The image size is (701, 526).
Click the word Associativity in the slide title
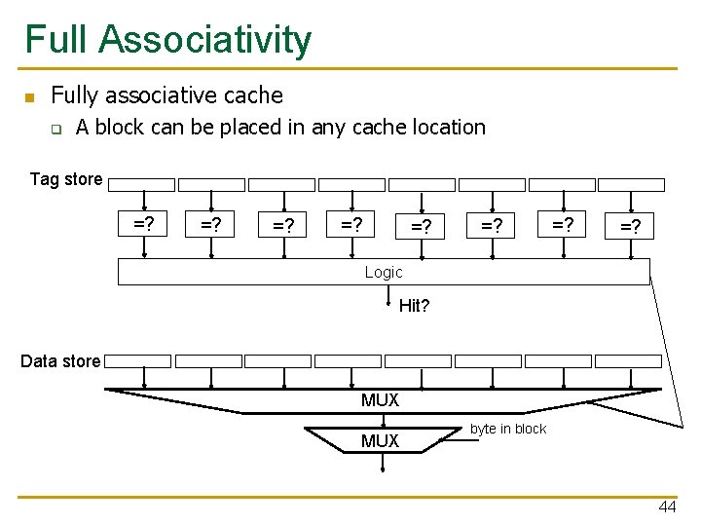205,40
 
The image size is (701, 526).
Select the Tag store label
65,179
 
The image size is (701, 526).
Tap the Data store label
60,361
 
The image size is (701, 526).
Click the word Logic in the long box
383,273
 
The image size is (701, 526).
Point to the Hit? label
414,306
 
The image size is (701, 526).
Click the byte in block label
508,430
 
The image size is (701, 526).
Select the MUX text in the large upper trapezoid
380,400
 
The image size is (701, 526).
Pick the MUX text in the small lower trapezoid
380,441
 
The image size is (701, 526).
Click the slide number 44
667,507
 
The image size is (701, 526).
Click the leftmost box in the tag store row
142,184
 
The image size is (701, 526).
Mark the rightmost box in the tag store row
631,184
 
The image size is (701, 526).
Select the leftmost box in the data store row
138,361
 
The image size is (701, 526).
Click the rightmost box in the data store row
628,361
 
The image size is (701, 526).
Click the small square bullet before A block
55,129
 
